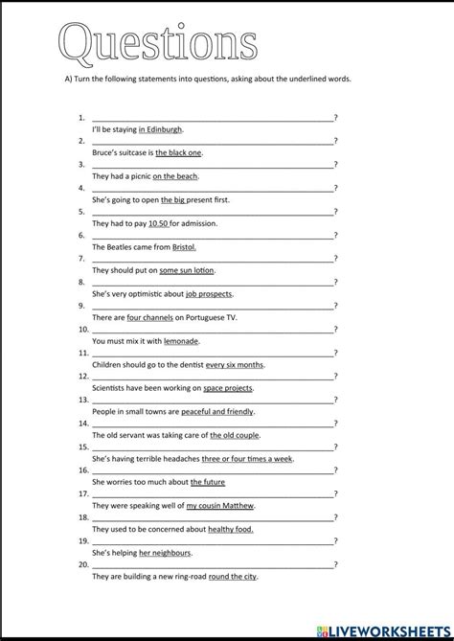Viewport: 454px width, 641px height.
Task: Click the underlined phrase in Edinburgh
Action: [x=160, y=129]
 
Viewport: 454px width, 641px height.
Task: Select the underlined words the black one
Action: [x=178, y=152]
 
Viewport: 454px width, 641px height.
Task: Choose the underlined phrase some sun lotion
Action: [x=187, y=271]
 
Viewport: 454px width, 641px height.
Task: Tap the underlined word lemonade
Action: [x=181, y=341]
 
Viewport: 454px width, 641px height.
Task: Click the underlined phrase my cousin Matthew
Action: [x=221, y=506]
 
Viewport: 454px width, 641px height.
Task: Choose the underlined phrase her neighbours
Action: [x=165, y=553]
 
